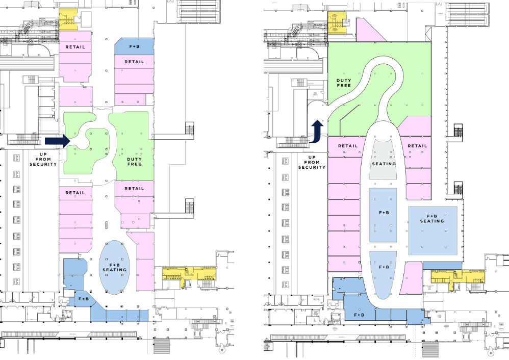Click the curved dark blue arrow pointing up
[317, 131]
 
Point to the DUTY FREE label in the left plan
[134, 162]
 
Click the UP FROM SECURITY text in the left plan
[43, 159]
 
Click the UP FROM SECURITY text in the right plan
[312, 162]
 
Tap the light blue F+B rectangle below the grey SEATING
[383, 215]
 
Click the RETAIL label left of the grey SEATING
[348, 146]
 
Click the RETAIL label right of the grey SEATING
[417, 146]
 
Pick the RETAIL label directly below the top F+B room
[134, 62]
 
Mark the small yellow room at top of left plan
[67, 19]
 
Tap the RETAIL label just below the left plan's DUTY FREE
[134, 188]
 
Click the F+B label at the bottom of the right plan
[359, 315]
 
